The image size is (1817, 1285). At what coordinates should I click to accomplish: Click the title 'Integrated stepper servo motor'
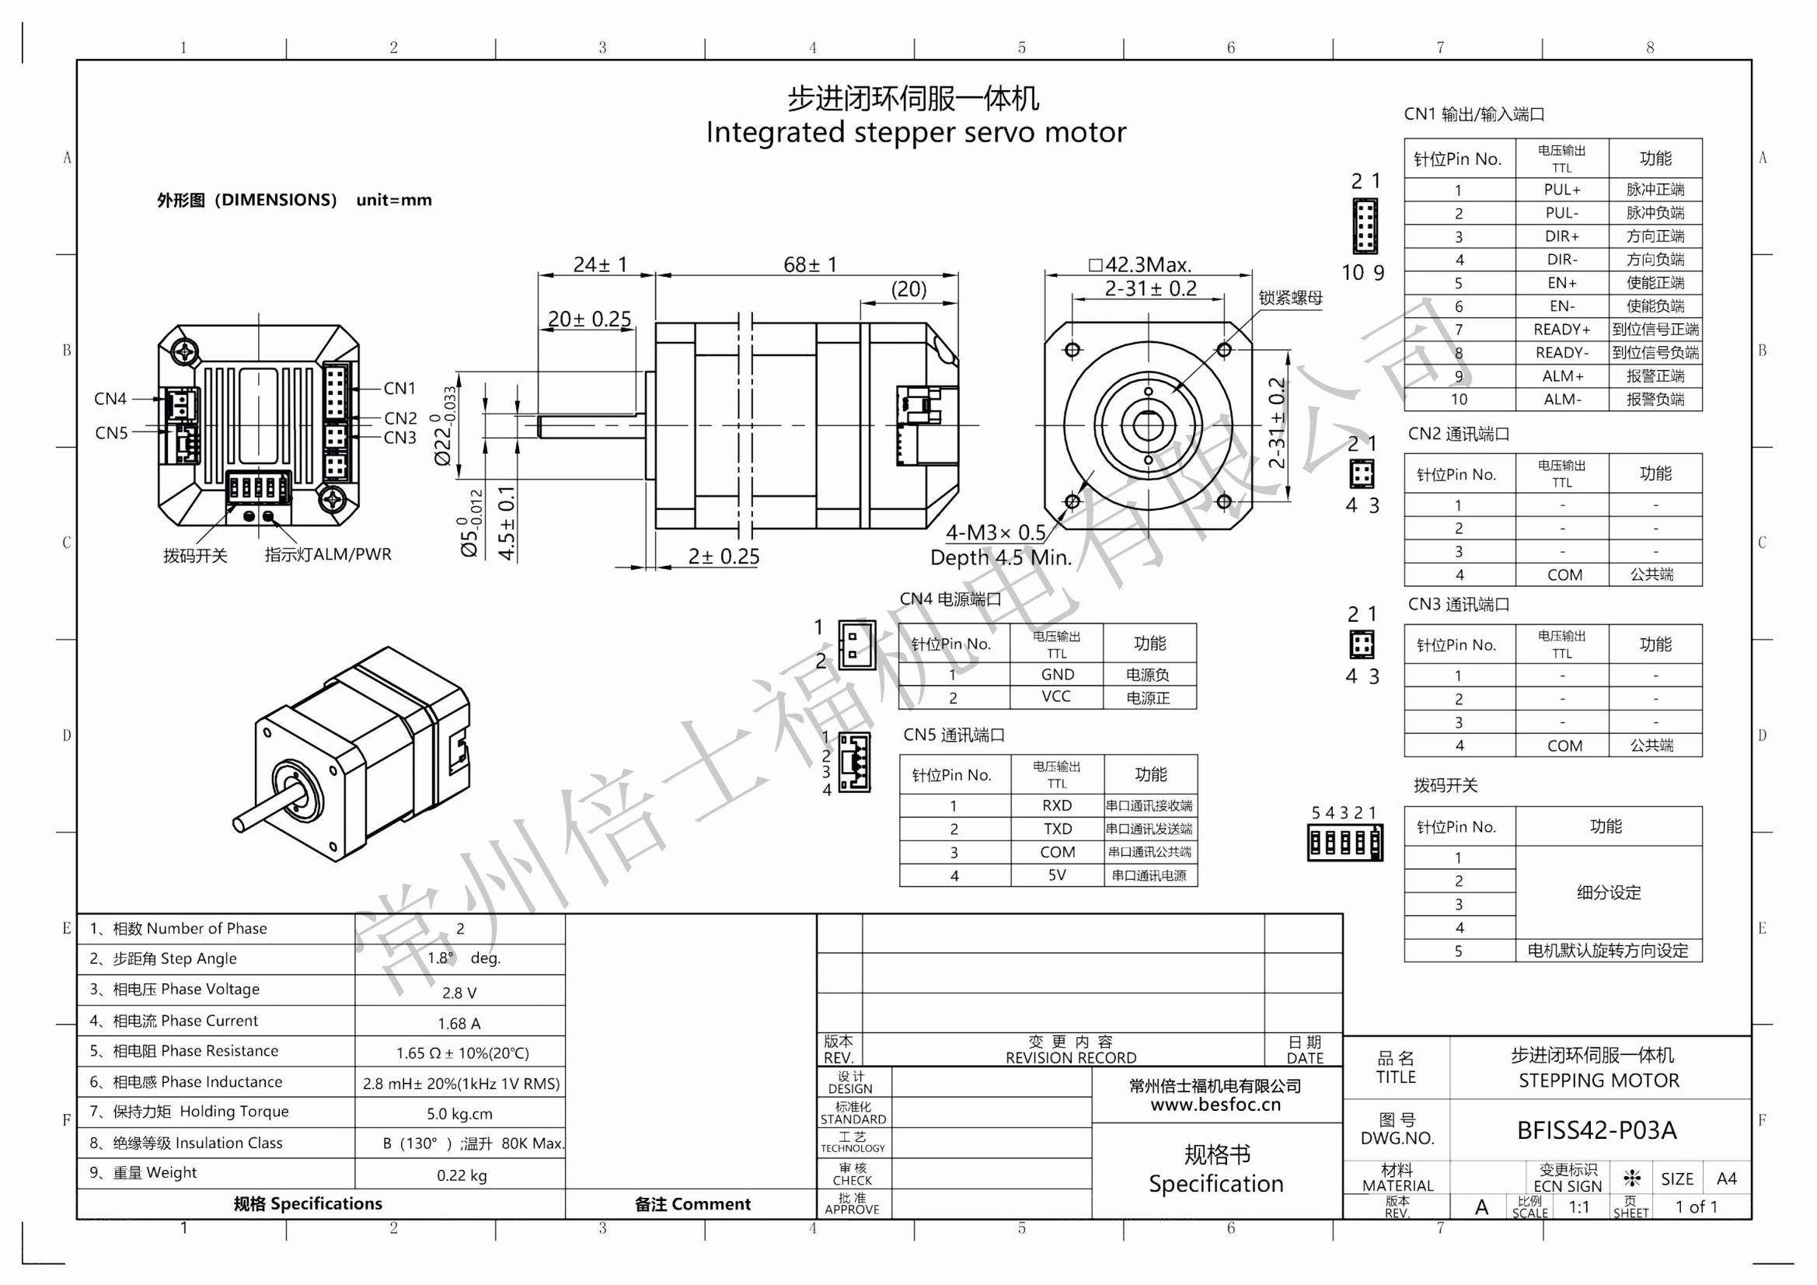(x=915, y=132)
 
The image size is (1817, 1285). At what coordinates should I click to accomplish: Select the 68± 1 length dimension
(x=809, y=264)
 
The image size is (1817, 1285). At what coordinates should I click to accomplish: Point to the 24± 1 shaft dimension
(x=599, y=264)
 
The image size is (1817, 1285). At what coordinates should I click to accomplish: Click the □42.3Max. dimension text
(x=1139, y=264)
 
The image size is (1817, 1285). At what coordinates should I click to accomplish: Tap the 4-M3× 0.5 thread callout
(x=996, y=532)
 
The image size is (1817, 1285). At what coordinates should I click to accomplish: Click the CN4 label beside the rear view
(x=110, y=398)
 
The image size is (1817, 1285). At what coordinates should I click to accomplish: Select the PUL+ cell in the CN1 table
(x=1561, y=190)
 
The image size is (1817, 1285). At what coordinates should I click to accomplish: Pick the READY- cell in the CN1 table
(x=1561, y=353)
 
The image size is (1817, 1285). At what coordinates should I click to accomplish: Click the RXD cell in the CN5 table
(x=1056, y=806)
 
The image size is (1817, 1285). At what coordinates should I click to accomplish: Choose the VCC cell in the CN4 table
(x=1055, y=697)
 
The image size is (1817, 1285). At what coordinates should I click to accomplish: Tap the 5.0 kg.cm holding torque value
(x=459, y=1114)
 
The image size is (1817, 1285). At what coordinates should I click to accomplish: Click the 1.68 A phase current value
(x=459, y=1024)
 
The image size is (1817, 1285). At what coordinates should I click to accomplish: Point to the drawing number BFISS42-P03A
(x=1596, y=1130)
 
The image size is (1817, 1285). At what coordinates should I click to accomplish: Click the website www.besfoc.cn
(x=1215, y=1105)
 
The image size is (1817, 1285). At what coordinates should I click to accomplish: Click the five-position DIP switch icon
(x=1344, y=843)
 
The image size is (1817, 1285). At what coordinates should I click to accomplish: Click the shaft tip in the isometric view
(x=240, y=824)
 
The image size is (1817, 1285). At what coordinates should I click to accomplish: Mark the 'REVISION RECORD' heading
(x=1070, y=1058)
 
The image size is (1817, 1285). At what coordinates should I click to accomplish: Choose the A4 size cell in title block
(x=1726, y=1179)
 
